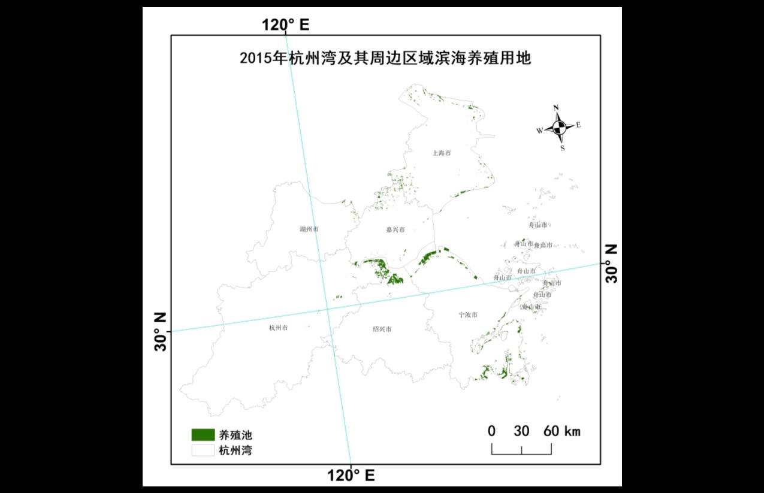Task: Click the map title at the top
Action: click(385, 59)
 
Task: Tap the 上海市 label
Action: click(441, 153)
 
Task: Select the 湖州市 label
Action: click(309, 229)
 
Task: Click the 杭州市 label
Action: click(279, 328)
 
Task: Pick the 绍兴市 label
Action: click(382, 329)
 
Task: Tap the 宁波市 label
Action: click(467, 314)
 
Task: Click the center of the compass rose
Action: click(559, 127)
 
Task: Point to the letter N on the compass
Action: click(556, 108)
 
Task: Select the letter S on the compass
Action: click(562, 148)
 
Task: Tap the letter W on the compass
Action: click(539, 130)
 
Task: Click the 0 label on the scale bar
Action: click(491, 431)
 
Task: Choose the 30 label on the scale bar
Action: click(521, 431)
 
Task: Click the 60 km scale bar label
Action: click(561, 431)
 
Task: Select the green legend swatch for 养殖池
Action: click(203, 434)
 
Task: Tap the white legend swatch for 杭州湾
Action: click(203, 450)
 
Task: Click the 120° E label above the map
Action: click(285, 25)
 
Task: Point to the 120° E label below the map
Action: click(351, 476)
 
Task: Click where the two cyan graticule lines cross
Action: click(327, 309)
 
